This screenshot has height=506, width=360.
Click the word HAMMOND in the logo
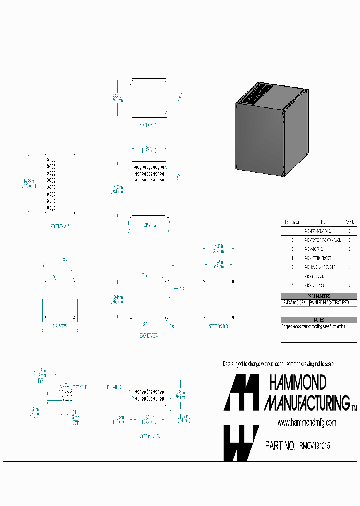298,383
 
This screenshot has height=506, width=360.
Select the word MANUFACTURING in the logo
307,402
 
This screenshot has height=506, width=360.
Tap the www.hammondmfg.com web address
306,423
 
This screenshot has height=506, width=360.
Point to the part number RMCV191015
314,446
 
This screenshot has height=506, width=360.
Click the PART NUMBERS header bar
319,296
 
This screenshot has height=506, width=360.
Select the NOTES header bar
319,320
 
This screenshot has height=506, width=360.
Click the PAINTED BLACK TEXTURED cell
333,303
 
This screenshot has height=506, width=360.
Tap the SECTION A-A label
60,226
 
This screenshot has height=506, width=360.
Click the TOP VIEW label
149,225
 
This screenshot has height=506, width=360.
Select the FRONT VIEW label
149,336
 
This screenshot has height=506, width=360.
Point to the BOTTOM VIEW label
149,436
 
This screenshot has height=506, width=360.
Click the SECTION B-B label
218,326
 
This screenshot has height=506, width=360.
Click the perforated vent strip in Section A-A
51,182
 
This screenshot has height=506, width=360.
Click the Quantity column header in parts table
350,223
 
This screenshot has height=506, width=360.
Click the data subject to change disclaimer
278,364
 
